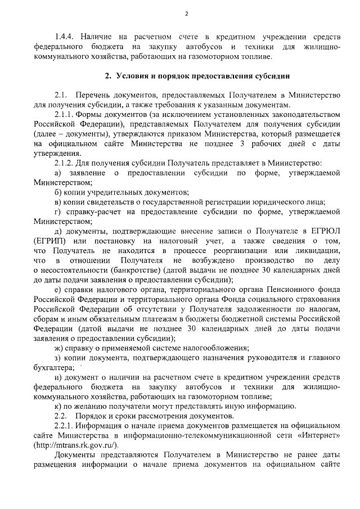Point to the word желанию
point(93,406)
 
